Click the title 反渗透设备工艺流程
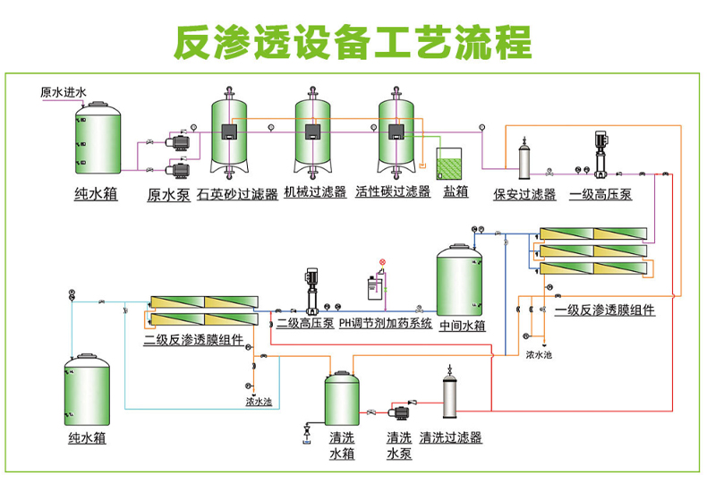coord(353,40)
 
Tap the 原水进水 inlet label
coord(64,92)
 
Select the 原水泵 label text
coord(168,195)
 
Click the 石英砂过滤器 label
coord(236,192)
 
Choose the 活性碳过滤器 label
coord(393,192)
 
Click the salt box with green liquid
coord(449,165)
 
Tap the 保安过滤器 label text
coord(524,194)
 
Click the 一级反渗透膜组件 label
coord(604,310)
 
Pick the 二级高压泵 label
coord(305,324)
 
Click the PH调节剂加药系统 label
coord(385,324)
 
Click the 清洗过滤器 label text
coord(451,437)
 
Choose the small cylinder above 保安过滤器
coord(524,161)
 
